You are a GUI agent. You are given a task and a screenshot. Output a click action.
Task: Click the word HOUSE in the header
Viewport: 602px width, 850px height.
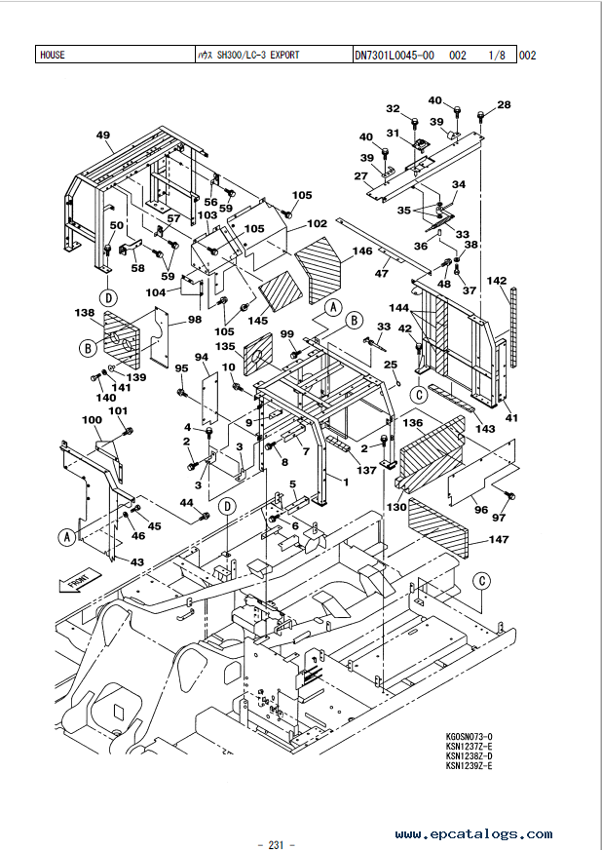pyautogui.click(x=53, y=55)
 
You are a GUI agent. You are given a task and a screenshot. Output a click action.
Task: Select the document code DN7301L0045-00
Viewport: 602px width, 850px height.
pyautogui.click(x=394, y=55)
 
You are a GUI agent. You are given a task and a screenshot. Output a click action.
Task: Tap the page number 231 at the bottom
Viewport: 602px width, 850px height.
pyautogui.click(x=275, y=817)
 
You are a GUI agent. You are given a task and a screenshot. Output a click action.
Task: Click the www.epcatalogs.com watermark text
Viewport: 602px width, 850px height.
pyautogui.click(x=473, y=834)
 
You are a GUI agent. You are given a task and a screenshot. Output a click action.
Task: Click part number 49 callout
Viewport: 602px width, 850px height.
pyautogui.click(x=103, y=135)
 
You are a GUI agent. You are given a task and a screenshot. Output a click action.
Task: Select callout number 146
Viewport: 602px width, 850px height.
pyautogui.click(x=362, y=251)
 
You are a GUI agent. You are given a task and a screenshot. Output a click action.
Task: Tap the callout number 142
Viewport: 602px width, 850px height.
pyautogui.click(x=497, y=281)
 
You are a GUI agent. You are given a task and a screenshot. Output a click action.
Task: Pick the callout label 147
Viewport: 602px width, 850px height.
pyautogui.click(x=499, y=539)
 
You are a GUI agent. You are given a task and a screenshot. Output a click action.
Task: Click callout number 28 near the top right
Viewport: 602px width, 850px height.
pyautogui.click(x=504, y=104)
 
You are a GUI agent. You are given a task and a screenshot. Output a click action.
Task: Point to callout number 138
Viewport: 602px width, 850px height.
pyautogui.click(x=84, y=314)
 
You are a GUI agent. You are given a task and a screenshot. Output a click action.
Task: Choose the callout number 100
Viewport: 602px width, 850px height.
pyautogui.click(x=92, y=420)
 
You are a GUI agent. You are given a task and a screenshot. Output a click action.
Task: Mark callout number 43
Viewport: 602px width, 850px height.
pyautogui.click(x=137, y=561)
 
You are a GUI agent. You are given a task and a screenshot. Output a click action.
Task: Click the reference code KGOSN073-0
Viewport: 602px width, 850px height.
pyautogui.click(x=470, y=736)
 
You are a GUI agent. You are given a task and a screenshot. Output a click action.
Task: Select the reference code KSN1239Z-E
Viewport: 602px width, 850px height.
pyautogui.click(x=470, y=766)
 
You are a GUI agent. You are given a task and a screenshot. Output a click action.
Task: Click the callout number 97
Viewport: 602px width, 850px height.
pyautogui.click(x=499, y=517)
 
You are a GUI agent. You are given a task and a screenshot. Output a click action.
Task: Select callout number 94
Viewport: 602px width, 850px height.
pyautogui.click(x=202, y=358)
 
